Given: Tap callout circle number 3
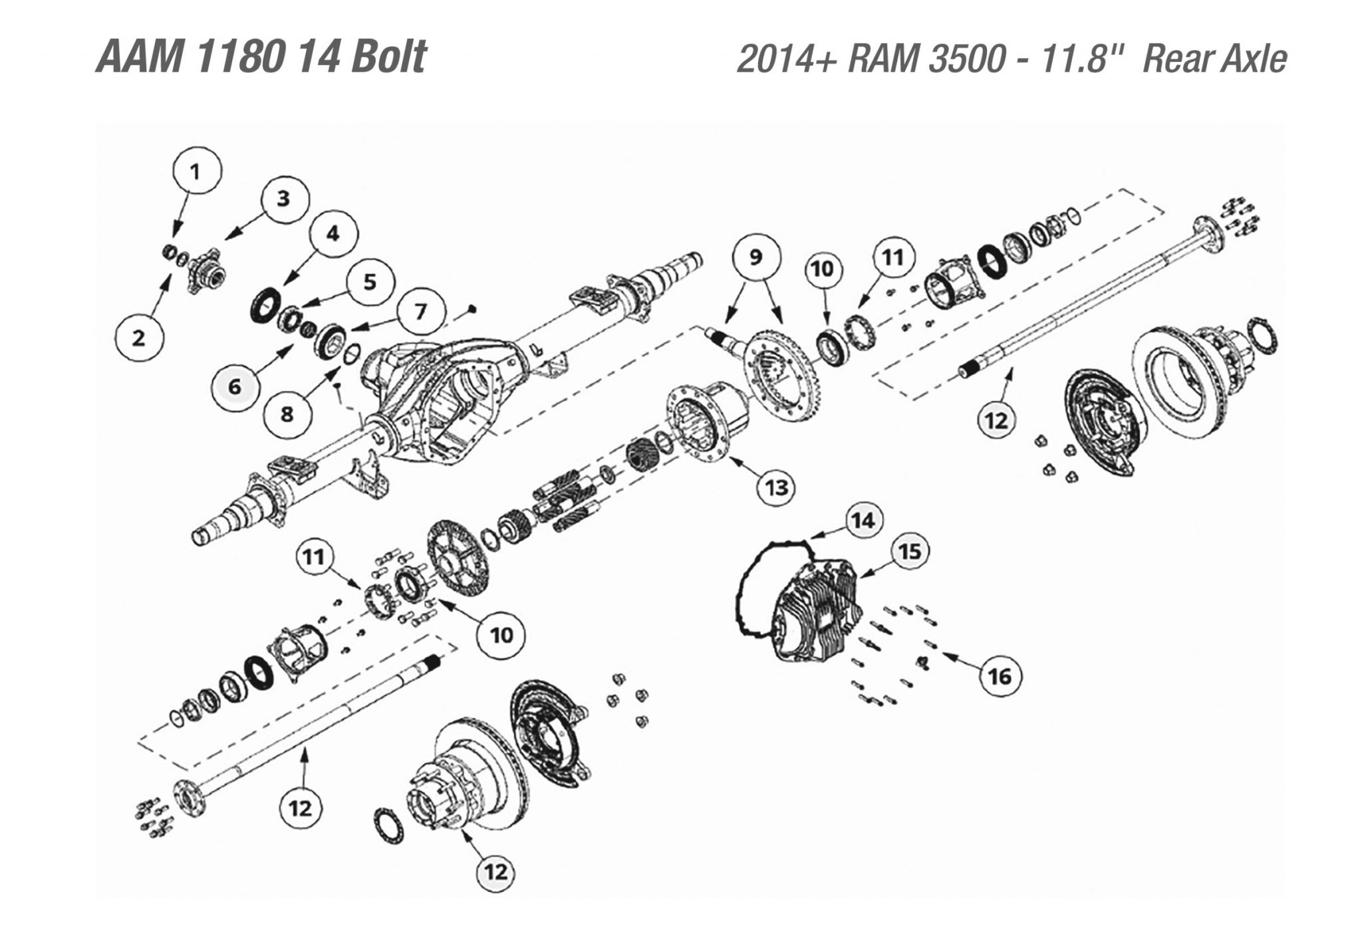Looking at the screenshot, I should tap(284, 198).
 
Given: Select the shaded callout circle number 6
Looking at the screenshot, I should tap(236, 386).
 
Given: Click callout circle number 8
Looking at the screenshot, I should tap(287, 414).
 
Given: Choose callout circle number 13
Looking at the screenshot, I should tap(777, 487).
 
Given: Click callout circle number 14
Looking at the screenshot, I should tap(864, 521).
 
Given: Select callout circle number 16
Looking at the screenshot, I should tap(1000, 677).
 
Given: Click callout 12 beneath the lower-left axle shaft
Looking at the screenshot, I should tap(301, 808).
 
